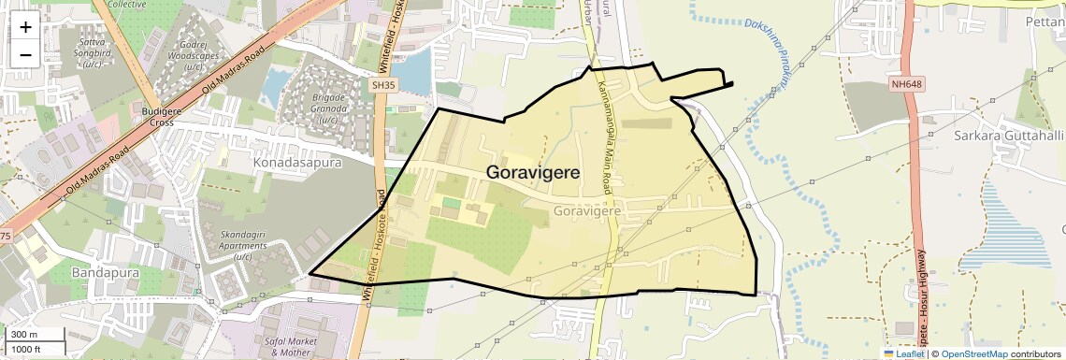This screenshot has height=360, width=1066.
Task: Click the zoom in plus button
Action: click(x=25, y=27)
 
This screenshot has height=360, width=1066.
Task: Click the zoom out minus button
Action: click(x=25, y=54)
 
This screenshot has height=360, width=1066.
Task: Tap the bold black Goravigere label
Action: click(x=533, y=173)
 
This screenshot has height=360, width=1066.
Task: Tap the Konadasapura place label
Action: click(x=297, y=162)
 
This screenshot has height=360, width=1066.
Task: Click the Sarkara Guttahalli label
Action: click(x=1008, y=136)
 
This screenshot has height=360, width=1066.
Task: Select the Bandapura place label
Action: click(x=105, y=272)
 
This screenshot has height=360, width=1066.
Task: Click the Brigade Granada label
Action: click(x=328, y=103)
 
